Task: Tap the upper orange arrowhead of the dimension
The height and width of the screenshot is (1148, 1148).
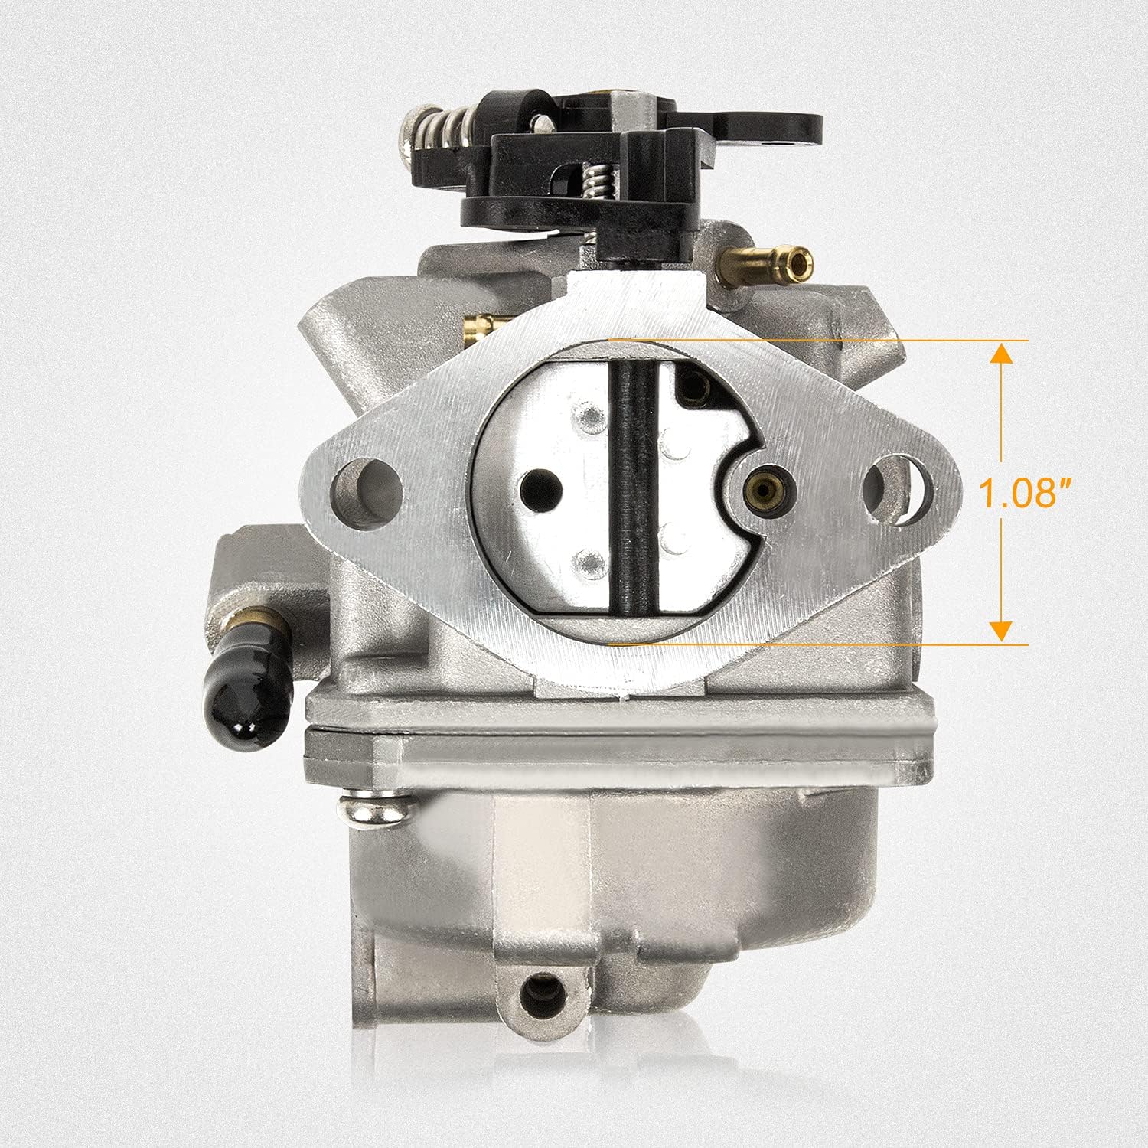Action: (x=1001, y=354)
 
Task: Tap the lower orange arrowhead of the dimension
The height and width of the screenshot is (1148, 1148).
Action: (x=1001, y=631)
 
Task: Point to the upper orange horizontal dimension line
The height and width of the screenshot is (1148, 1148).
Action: (x=819, y=339)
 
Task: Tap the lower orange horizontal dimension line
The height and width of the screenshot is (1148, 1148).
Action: (x=819, y=645)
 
